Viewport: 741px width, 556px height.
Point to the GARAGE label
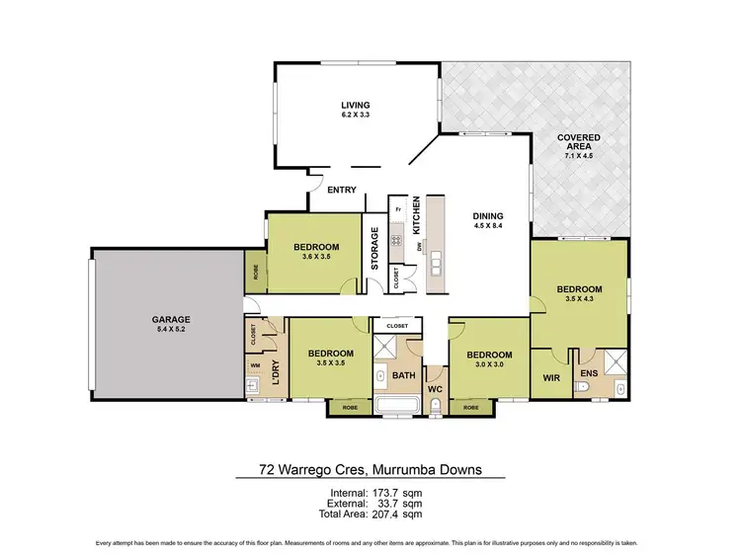coord(171,319)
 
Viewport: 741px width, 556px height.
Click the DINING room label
coord(488,216)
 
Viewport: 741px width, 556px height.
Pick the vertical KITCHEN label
coord(417,215)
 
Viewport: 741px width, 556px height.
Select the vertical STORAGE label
coord(374,249)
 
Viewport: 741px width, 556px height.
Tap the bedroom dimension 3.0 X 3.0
coord(490,365)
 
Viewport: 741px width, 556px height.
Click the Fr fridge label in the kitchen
coord(397,210)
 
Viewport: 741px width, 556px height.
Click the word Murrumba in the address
coord(400,469)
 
